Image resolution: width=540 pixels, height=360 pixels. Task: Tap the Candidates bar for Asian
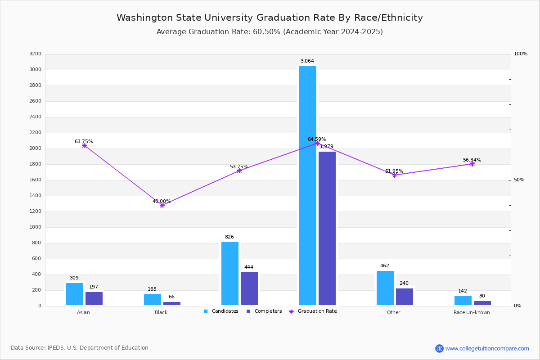pyautogui.click(x=75, y=294)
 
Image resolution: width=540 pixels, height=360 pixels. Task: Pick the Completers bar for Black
pyautogui.click(x=172, y=303)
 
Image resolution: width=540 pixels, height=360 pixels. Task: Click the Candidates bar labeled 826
pyautogui.click(x=230, y=274)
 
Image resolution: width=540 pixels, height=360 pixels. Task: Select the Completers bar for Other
pyautogui.click(x=405, y=297)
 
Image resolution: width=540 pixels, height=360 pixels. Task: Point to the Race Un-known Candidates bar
pyautogui.click(x=463, y=301)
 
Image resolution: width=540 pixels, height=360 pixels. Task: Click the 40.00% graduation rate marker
pyautogui.click(x=162, y=205)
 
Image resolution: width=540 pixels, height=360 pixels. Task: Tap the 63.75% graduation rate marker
pyautogui.click(x=84, y=145)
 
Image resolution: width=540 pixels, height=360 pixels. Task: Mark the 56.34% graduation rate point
pyautogui.click(x=472, y=164)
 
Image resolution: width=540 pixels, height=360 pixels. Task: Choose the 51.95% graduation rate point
pyautogui.click(x=395, y=175)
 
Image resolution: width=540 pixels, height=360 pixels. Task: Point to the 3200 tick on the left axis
pyautogui.click(x=35, y=54)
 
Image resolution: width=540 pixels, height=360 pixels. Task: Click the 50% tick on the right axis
pyautogui.click(x=519, y=180)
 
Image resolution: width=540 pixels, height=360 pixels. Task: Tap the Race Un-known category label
pyautogui.click(x=472, y=313)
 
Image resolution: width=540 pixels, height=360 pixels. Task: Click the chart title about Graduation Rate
pyautogui.click(x=270, y=18)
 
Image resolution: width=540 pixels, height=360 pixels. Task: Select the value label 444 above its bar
pyautogui.click(x=249, y=267)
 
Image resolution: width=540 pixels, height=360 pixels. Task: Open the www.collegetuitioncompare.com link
pyautogui.click(x=487, y=348)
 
